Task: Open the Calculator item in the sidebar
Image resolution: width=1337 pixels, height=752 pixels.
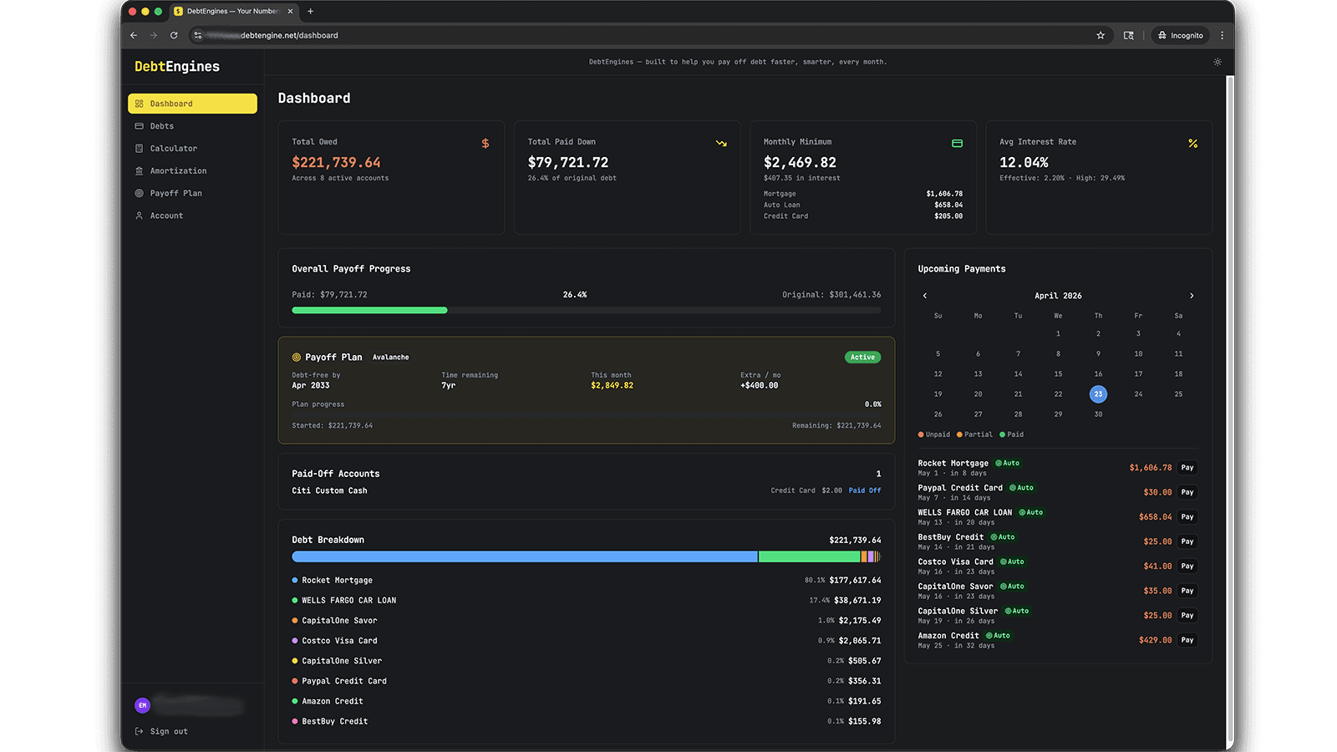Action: click(173, 149)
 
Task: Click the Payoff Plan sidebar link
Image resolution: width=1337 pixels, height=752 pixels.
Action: click(175, 193)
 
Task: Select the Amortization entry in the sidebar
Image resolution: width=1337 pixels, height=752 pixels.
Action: click(178, 170)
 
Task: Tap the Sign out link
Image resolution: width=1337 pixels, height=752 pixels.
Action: click(168, 731)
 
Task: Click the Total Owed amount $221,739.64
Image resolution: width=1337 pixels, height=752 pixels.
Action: click(336, 162)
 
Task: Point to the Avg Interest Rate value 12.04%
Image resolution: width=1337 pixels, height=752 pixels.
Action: click(1024, 162)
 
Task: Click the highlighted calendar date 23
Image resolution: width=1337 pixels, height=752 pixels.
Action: click(1098, 394)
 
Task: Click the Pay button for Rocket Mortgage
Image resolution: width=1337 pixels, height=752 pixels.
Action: click(1187, 468)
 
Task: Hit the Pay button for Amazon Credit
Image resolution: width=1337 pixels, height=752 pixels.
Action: click(1187, 640)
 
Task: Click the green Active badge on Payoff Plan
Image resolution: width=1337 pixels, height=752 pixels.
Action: click(862, 357)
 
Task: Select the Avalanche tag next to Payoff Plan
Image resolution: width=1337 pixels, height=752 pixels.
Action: click(390, 357)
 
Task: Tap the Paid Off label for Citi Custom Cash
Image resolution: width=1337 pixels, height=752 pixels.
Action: click(865, 490)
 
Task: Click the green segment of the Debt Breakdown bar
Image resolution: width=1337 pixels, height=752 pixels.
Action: click(809, 556)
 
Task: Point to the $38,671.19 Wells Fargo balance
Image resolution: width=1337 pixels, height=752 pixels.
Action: click(857, 600)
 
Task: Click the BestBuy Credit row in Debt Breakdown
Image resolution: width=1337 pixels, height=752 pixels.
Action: click(335, 721)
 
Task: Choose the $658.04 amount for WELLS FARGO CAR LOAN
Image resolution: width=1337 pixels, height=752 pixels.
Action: click(1155, 517)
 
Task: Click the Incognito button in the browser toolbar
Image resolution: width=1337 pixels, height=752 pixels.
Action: click(1181, 35)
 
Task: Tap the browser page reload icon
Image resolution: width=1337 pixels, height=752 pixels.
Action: click(174, 35)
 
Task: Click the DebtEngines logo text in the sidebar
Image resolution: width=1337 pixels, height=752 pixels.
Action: click(177, 67)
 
